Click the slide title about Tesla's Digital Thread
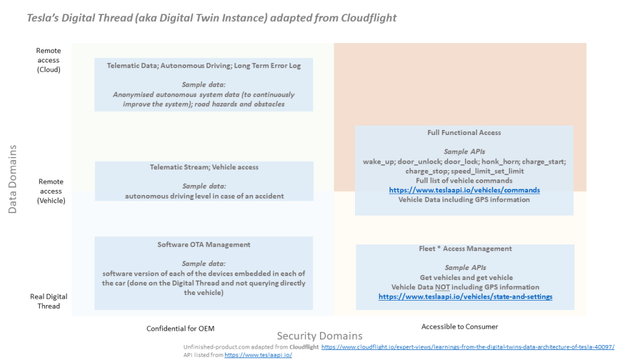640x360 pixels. click(x=212, y=17)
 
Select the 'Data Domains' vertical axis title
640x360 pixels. click(x=12, y=179)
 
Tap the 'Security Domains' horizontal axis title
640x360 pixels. click(x=319, y=336)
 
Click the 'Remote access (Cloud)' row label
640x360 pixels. click(x=48, y=60)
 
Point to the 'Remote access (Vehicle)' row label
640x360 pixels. click(x=51, y=191)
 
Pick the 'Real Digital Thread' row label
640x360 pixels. click(x=49, y=301)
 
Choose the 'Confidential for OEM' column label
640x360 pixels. click(x=184, y=328)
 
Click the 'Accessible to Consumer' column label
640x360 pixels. click(x=459, y=326)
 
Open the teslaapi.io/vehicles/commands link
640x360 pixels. click(x=464, y=190)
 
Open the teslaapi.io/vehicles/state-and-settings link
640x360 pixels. click(x=465, y=297)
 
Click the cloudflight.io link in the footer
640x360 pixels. click(x=467, y=347)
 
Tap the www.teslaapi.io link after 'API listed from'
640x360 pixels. click(x=258, y=355)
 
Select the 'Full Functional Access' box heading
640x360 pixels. click(x=464, y=132)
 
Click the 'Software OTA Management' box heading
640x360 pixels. click(x=204, y=244)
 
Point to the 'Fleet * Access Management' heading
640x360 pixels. click(x=465, y=249)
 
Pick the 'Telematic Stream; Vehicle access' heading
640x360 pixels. click(x=204, y=167)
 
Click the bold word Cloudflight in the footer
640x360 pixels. click(x=304, y=347)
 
